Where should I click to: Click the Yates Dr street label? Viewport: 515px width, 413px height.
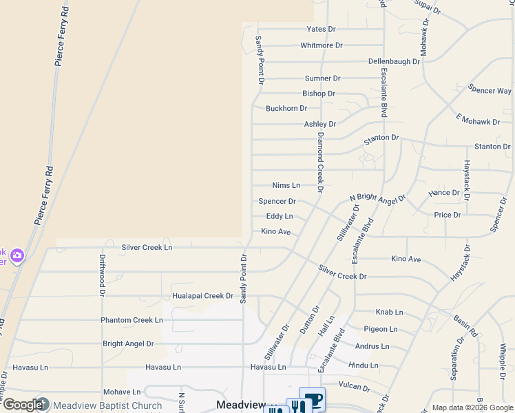tap(321, 29)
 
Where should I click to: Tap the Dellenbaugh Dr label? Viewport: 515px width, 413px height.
tap(394, 61)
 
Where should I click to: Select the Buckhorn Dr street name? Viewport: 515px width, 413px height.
tap(286, 108)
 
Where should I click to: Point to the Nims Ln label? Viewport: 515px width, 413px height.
tap(286, 185)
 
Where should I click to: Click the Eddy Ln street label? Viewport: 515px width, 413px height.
tap(280, 216)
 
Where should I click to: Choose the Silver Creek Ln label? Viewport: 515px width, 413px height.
tap(147, 246)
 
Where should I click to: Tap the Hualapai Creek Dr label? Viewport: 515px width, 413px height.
tap(202, 296)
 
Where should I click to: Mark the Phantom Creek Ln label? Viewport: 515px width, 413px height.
tap(132, 320)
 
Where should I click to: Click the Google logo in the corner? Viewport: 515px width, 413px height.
tap(22, 405)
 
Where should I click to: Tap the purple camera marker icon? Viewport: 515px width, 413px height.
tap(17, 256)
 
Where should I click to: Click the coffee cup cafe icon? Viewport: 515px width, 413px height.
tap(313, 401)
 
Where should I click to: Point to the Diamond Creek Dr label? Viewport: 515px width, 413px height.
tap(319, 164)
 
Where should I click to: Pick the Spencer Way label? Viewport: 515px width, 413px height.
tap(490, 90)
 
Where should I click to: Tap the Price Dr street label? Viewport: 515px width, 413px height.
tap(448, 215)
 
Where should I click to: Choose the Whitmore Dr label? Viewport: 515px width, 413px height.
tap(322, 45)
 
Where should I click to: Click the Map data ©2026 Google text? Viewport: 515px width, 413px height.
tap(472, 407)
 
